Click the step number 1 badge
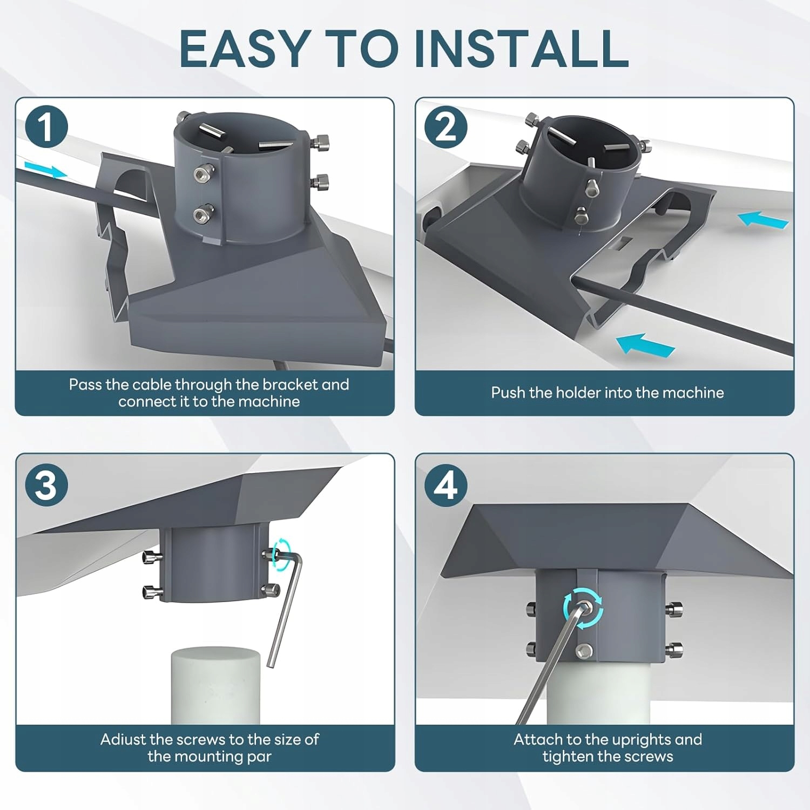tap(46, 127)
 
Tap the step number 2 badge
tap(446, 127)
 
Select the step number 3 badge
tap(46, 484)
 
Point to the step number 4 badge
tap(446, 484)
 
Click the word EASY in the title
tap(246, 48)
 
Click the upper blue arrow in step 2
tap(762, 220)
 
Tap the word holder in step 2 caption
tap(578, 393)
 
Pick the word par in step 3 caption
tap(259, 757)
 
